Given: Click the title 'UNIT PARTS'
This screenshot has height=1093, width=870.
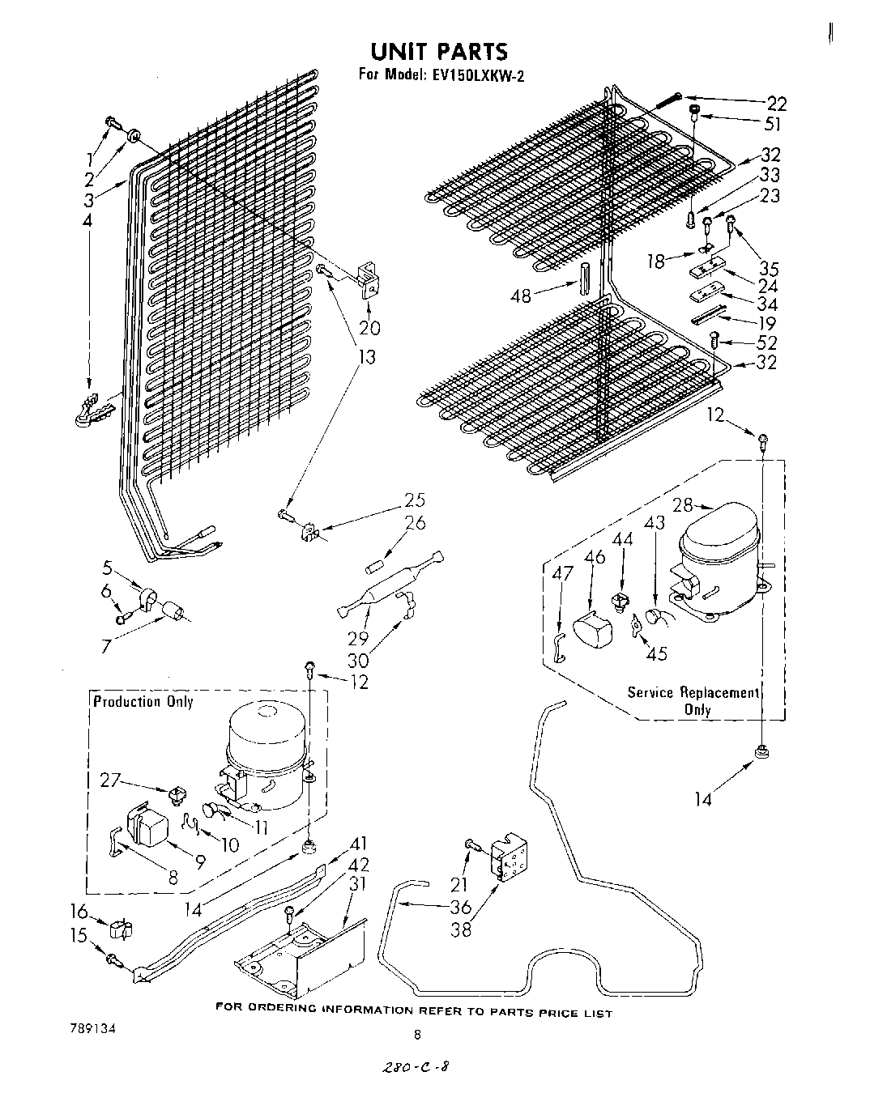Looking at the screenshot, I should (440, 52).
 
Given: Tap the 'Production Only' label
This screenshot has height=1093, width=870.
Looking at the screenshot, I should (143, 701).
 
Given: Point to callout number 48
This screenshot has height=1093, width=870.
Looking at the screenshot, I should (521, 296).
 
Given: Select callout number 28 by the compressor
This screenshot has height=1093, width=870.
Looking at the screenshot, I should (683, 505).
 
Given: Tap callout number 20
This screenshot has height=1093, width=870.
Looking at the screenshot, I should (369, 327).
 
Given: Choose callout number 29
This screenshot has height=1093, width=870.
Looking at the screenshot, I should (358, 638).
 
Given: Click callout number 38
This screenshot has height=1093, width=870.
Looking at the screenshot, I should (460, 929).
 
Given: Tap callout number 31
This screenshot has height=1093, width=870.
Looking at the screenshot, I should (356, 884).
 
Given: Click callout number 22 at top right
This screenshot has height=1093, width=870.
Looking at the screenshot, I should (776, 103).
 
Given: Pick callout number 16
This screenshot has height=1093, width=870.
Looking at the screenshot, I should (79, 912).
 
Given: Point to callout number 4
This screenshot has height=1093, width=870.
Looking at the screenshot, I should (87, 220).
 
